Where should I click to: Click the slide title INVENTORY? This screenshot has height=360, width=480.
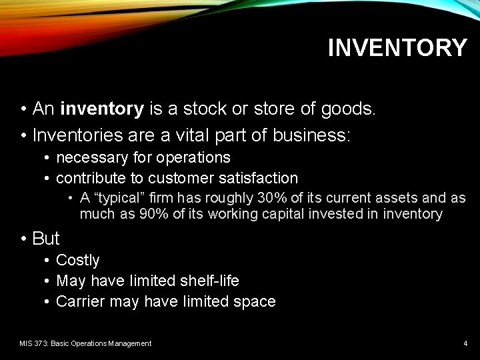point(397,48)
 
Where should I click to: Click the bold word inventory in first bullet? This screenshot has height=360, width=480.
point(102,109)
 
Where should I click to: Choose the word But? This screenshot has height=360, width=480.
point(46,239)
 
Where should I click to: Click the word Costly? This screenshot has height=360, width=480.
point(78,261)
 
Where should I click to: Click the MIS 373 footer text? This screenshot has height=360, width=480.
point(85,343)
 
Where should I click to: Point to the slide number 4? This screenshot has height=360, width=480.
point(465,343)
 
